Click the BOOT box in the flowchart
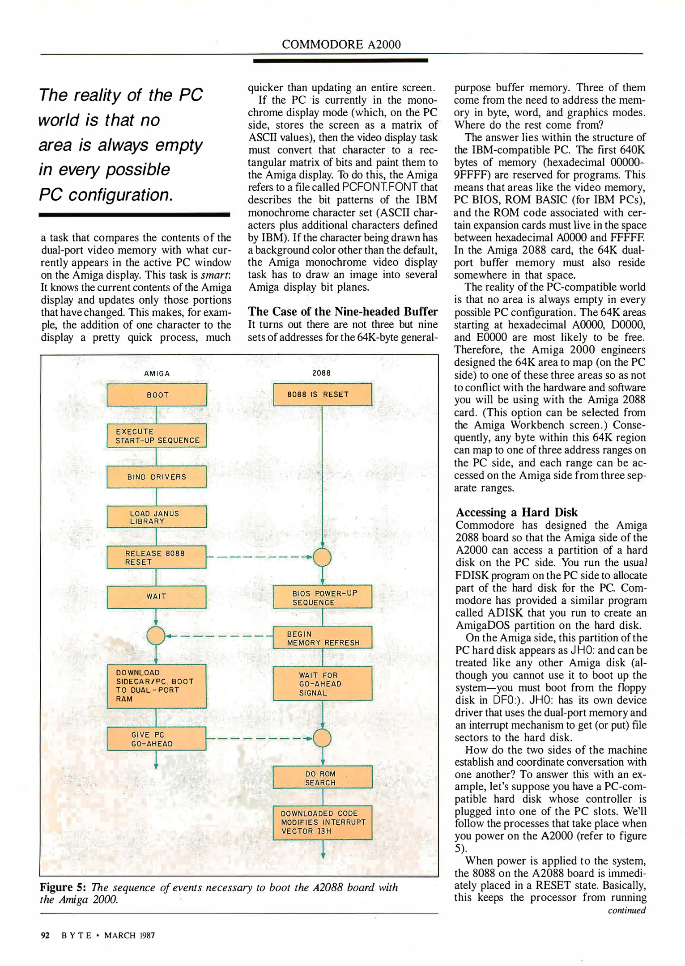point(157,395)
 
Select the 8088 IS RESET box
point(323,394)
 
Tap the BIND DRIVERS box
point(157,477)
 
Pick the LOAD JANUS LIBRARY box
point(157,517)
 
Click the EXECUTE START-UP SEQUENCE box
point(157,436)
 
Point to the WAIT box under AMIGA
point(157,597)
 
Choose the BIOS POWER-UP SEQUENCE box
point(323,597)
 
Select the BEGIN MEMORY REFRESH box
point(323,638)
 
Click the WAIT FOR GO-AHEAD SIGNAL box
point(323,683)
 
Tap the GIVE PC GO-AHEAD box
point(157,739)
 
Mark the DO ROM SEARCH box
point(323,778)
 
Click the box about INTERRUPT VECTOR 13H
point(323,822)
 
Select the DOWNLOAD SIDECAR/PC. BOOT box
point(157,686)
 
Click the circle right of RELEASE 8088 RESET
point(322,557)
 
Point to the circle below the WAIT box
point(156,636)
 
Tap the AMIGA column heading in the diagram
point(157,373)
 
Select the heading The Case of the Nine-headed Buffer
point(343,311)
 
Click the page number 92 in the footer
point(45,935)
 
